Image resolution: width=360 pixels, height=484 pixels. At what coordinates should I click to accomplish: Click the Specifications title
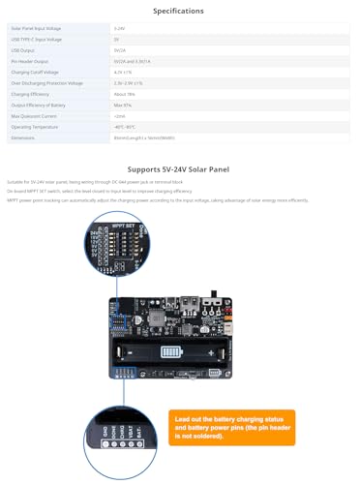pos(179,11)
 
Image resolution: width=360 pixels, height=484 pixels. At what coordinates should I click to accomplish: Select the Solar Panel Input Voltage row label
pos(37,29)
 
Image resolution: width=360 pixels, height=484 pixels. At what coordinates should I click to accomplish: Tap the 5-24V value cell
pos(119,29)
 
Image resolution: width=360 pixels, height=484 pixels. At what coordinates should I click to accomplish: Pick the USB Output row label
pos(23,49)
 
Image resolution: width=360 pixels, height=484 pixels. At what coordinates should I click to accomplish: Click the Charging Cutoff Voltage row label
pos(35,72)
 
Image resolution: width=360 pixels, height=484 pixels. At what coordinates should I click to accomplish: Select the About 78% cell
pos(124,93)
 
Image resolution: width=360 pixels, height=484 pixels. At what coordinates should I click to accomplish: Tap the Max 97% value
pos(122,105)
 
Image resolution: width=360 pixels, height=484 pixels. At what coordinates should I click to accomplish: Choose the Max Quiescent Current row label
pos(34,115)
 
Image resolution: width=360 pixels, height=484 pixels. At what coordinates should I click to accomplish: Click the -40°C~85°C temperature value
pos(125,126)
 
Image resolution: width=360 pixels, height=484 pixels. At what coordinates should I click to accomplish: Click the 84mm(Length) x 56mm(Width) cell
pos(145,137)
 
